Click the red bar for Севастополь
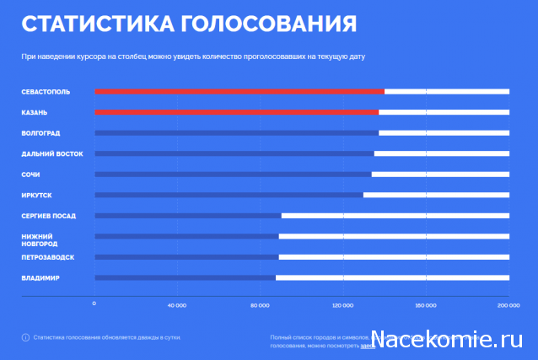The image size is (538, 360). (x=239, y=91)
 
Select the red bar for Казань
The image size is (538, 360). (x=236, y=112)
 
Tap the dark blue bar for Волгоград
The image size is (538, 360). (x=236, y=132)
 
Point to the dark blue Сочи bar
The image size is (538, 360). (x=233, y=175)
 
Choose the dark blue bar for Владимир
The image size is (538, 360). (x=185, y=277)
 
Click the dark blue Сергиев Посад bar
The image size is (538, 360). (x=187, y=216)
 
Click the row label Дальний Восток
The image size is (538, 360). (x=52, y=153)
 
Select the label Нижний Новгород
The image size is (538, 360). (x=38, y=239)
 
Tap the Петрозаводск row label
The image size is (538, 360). (x=48, y=257)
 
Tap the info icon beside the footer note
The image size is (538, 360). (x=25, y=337)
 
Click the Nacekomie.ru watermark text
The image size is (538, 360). (x=448, y=341)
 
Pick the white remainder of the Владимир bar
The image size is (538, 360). (x=392, y=277)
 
